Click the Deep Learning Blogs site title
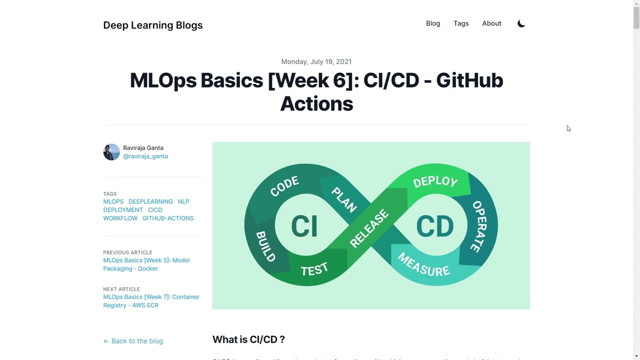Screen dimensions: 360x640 pyautogui.click(x=152, y=25)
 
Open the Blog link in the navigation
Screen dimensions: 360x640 pyautogui.click(x=433, y=23)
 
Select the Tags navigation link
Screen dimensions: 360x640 pyautogui.click(x=461, y=23)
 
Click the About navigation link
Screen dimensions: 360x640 pyautogui.click(x=491, y=23)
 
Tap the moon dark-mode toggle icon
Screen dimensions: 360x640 pyautogui.click(x=521, y=23)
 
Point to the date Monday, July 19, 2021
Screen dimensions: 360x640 pyautogui.click(x=316, y=61)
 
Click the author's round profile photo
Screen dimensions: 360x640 pyautogui.click(x=111, y=152)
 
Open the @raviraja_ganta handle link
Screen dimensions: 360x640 pyautogui.click(x=145, y=156)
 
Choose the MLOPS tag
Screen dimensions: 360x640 pyautogui.click(x=113, y=201)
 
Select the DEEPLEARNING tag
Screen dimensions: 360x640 pyautogui.click(x=150, y=201)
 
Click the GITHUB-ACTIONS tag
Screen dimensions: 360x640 pyautogui.click(x=167, y=218)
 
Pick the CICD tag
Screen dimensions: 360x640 pyautogui.click(x=155, y=210)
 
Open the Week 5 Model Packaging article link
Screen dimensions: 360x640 pyautogui.click(x=146, y=264)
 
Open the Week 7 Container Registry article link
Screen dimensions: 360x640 pyautogui.click(x=151, y=301)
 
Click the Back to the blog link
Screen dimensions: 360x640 pyautogui.click(x=133, y=341)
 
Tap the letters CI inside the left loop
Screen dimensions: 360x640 pyautogui.click(x=304, y=226)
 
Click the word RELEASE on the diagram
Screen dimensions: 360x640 pyautogui.click(x=369, y=228)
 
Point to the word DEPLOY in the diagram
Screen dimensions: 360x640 pyautogui.click(x=435, y=181)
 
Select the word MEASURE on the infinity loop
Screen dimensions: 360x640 pyautogui.click(x=423, y=264)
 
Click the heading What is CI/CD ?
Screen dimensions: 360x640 pyautogui.click(x=248, y=339)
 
